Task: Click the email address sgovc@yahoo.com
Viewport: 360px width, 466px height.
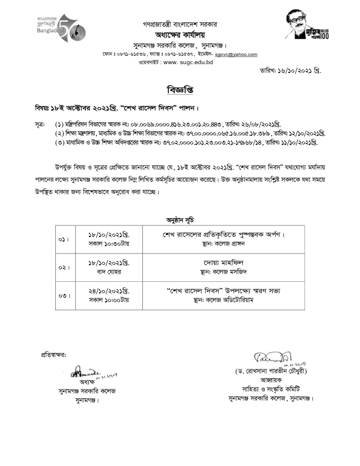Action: pos(235,54)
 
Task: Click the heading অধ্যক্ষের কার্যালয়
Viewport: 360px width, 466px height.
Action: pos(179,35)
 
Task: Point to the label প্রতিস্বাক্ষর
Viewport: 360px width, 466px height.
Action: pos(54,355)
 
